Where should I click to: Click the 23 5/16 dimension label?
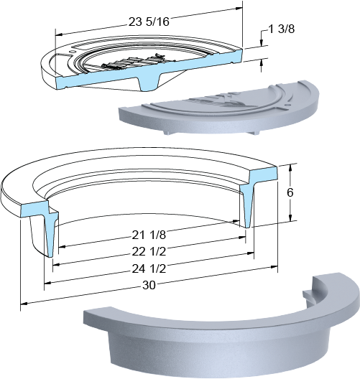(x=149, y=22)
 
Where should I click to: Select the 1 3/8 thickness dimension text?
(x=282, y=29)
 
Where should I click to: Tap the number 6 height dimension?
(x=290, y=192)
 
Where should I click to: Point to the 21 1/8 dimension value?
(x=149, y=235)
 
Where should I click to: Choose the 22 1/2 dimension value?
(x=149, y=252)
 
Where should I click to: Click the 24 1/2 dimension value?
(x=149, y=268)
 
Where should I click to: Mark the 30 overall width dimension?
(x=149, y=285)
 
